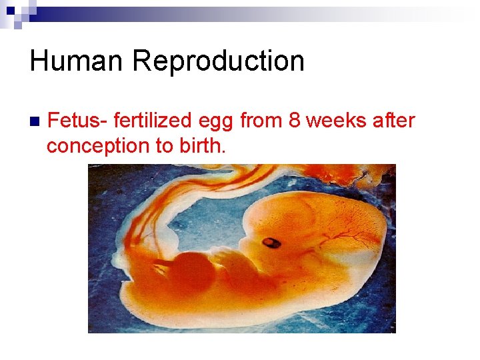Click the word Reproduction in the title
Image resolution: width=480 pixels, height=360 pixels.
[x=218, y=61]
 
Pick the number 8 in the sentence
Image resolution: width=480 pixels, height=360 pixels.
[x=294, y=121]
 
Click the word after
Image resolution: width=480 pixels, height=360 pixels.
[x=395, y=121]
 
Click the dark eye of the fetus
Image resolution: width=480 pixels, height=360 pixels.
[x=271, y=242]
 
